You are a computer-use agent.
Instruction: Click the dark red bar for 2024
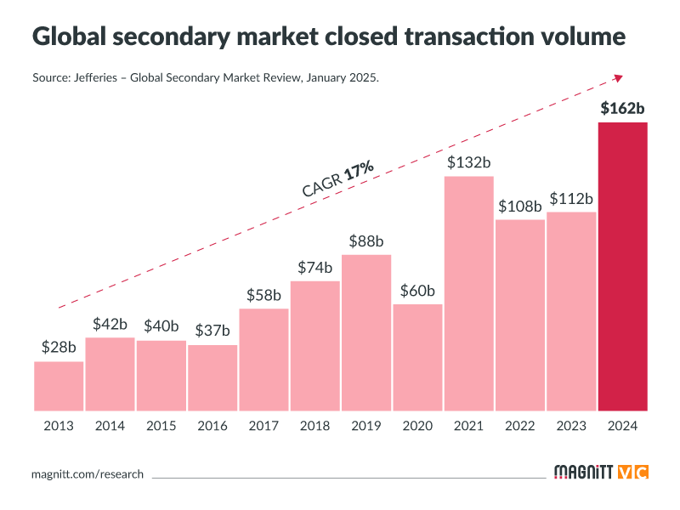coord(623,267)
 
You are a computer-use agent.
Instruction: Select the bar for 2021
coord(469,293)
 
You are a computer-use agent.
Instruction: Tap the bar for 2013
coord(59,386)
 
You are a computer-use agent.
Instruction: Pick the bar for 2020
coord(417,357)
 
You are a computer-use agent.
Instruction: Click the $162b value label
coord(623,108)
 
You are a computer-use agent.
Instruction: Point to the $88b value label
coord(366,241)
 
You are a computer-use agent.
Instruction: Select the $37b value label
coord(212,330)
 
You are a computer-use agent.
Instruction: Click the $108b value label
coord(520,206)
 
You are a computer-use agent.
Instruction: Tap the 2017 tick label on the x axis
coord(263,426)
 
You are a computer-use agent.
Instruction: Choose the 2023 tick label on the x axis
coord(571,426)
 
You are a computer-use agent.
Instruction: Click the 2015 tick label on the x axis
coord(161,426)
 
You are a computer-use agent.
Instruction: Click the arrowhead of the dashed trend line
coord(619,77)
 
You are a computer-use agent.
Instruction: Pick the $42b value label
coord(110,323)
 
